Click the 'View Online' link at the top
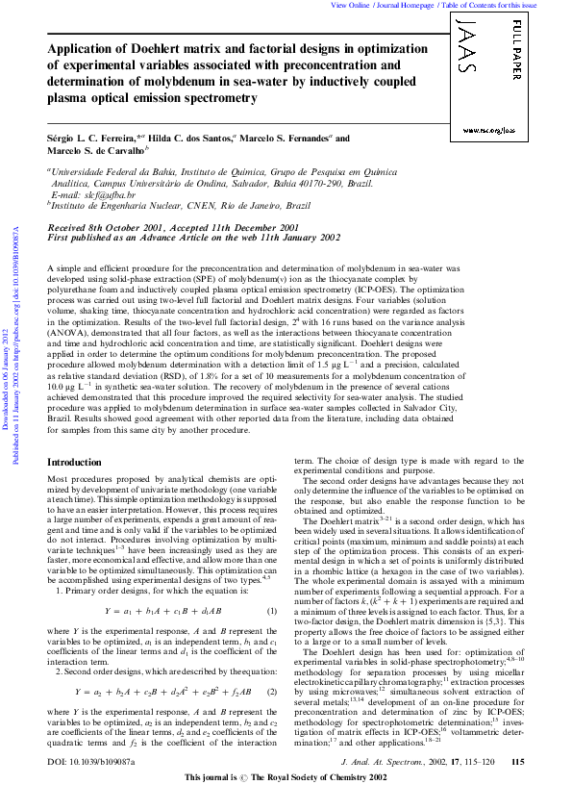pyautogui.click(x=350, y=5)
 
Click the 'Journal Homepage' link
pyautogui.click(x=405, y=5)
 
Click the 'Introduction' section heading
pyautogui.click(x=74, y=463)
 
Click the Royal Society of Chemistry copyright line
pyautogui.click(x=286, y=801)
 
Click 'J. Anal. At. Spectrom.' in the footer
pyautogui.click(x=389, y=787)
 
